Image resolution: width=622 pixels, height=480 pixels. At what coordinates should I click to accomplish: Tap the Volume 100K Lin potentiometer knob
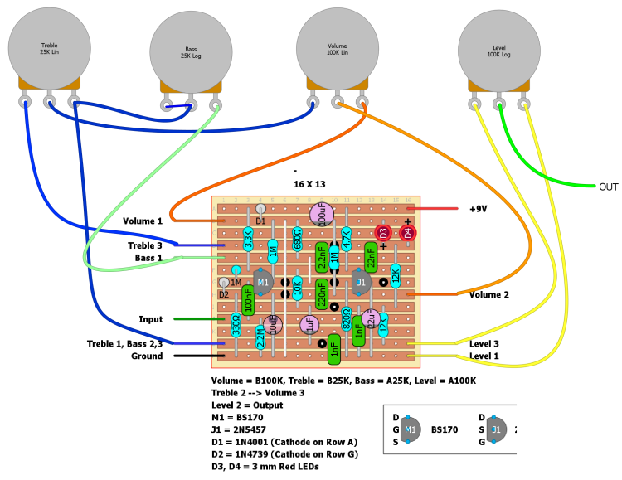click(x=338, y=49)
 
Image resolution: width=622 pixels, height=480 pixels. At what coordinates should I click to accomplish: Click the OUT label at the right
click(x=609, y=187)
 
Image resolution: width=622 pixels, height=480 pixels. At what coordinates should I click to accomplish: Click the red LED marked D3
click(x=383, y=234)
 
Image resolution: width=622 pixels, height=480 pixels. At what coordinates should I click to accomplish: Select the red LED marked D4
click(x=407, y=234)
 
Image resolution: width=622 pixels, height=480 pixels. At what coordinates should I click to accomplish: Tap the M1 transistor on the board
click(x=263, y=283)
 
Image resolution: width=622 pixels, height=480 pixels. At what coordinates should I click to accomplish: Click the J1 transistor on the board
click(x=360, y=283)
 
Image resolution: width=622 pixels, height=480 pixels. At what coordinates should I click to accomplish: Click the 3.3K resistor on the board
click(x=249, y=240)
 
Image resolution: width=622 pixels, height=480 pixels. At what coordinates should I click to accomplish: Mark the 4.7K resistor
click(x=346, y=240)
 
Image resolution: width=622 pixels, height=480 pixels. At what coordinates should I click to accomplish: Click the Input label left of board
click(x=151, y=319)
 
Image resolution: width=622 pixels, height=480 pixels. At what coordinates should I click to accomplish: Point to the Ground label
click(x=147, y=356)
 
